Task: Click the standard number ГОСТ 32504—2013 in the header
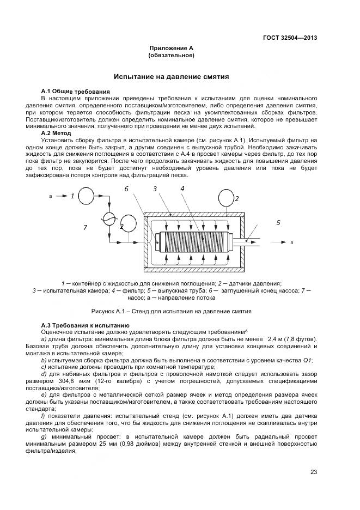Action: tap(291, 38)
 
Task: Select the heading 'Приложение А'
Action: tap(172, 48)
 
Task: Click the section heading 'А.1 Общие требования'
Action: tap(76, 91)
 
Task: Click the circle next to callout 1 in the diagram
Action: tap(85, 196)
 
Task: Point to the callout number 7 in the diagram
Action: tap(85, 228)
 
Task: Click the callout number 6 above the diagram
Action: tap(126, 189)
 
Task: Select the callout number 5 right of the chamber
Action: tap(278, 222)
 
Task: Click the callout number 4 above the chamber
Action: tap(182, 188)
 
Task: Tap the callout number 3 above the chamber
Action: tap(155, 189)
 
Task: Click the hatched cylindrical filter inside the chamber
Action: tap(193, 240)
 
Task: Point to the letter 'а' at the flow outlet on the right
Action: tap(291, 242)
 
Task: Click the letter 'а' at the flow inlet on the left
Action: tap(51, 196)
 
